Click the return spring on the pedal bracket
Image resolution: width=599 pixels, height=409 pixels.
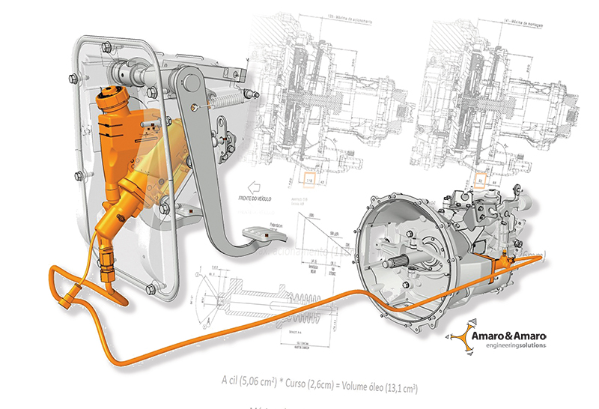pos(229,99)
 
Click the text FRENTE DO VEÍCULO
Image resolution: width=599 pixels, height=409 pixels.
pos(255,199)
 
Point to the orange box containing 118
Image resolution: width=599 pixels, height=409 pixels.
pos(307,180)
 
